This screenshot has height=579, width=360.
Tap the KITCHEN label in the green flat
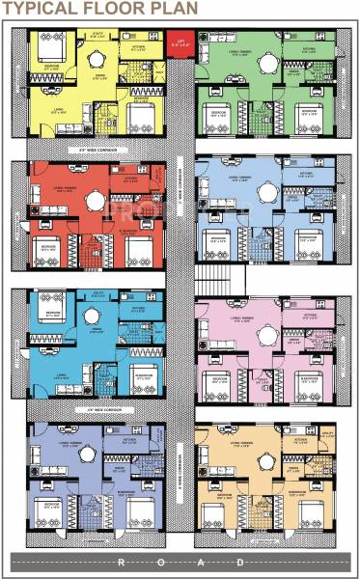pyautogui.click(x=309, y=47)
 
